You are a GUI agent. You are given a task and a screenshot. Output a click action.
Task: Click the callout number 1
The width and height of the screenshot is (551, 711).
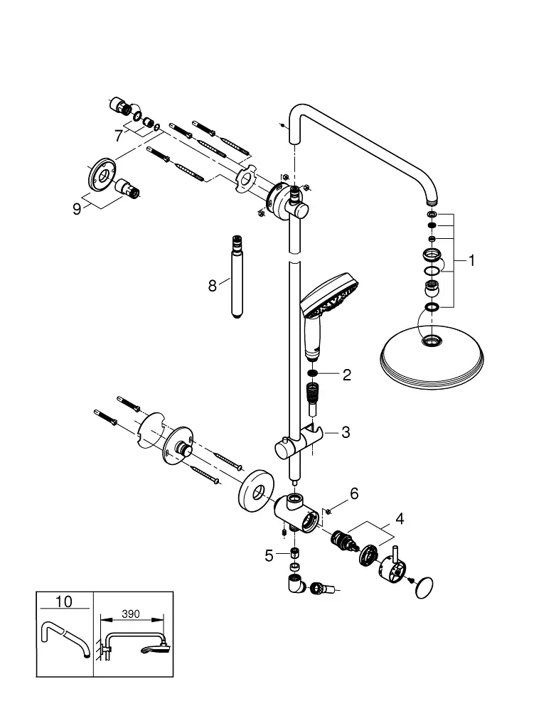(x=471, y=260)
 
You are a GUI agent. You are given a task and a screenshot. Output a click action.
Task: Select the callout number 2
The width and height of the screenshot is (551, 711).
(x=347, y=375)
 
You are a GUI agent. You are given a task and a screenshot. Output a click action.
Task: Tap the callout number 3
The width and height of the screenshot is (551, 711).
(x=346, y=432)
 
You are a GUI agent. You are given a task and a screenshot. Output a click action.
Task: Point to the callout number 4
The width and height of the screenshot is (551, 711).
(x=400, y=518)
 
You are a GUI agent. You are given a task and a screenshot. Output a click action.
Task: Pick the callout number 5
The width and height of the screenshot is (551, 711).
(x=269, y=555)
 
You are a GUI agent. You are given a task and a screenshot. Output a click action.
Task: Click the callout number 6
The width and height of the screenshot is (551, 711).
(x=354, y=493)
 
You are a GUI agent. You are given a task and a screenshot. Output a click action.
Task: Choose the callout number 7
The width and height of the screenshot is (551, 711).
(x=118, y=136)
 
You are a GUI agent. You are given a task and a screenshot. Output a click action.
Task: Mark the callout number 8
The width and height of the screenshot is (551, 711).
(x=213, y=286)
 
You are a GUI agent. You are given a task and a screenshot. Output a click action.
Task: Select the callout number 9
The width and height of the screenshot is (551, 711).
(x=77, y=209)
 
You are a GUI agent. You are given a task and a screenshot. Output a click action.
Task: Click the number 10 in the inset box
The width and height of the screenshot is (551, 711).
(x=63, y=602)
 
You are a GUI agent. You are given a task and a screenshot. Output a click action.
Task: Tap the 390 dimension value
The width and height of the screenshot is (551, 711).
(x=131, y=614)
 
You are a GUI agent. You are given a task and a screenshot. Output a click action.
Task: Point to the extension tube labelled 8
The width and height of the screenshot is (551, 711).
(x=237, y=277)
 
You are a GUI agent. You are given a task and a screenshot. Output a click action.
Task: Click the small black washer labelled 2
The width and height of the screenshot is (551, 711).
(x=311, y=373)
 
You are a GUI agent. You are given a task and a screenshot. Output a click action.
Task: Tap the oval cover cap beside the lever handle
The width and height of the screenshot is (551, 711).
(x=424, y=588)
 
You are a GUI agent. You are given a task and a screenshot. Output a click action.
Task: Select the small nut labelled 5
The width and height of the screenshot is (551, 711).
(x=294, y=553)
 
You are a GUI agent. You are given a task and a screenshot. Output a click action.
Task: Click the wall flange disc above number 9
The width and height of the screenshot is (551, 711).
(x=102, y=173)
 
